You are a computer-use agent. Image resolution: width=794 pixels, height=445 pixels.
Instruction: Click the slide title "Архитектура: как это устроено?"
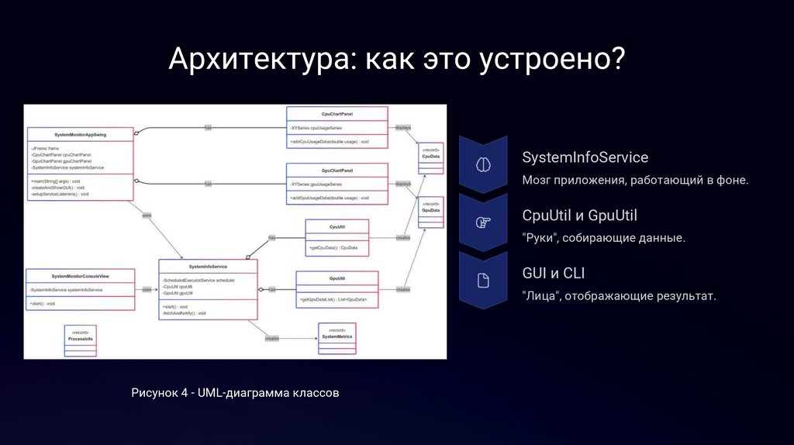click(397, 60)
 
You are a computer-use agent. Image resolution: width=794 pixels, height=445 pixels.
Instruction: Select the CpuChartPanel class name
click(337, 113)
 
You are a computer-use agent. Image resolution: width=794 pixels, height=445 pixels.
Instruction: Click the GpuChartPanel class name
click(337, 171)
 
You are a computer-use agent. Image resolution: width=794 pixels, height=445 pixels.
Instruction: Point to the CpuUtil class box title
click(337, 227)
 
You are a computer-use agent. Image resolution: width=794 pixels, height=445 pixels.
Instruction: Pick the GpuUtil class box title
click(337, 277)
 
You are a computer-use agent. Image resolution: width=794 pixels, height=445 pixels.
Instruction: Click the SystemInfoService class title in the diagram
click(208, 266)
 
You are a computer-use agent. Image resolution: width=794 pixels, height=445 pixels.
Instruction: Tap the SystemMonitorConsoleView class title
click(81, 277)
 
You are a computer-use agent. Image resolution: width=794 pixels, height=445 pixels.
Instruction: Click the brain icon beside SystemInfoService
click(482, 164)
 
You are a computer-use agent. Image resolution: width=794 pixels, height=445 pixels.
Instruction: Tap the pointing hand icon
click(482, 222)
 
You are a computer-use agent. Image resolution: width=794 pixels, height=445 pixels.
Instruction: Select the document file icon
click(482, 281)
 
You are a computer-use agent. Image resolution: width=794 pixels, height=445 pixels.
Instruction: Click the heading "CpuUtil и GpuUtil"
click(579, 215)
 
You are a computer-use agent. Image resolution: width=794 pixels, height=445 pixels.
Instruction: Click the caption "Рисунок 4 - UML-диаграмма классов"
click(236, 394)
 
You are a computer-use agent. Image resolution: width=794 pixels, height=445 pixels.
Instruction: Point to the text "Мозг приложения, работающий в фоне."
click(635, 180)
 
